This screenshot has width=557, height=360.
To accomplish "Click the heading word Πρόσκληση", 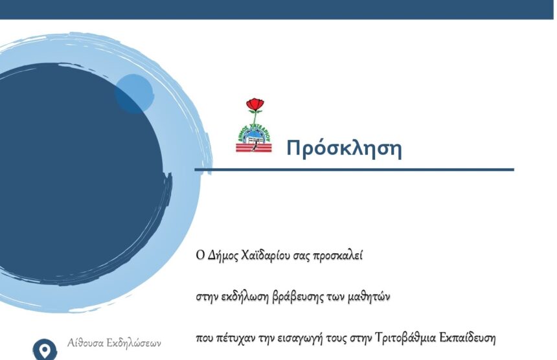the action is click(344, 148).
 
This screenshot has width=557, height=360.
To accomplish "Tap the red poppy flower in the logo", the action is click(255, 104).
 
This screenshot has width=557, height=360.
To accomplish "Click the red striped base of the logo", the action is click(254, 148).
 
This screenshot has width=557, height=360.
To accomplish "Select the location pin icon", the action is click(45, 350).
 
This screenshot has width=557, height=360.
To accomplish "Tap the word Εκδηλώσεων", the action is click(134, 343).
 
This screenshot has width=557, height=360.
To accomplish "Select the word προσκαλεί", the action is click(337, 256).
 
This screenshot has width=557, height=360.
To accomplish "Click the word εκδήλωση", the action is click(244, 297).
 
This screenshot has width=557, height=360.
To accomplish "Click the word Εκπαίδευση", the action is click(468, 337).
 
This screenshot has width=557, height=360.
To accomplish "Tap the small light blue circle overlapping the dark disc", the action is click(134, 94).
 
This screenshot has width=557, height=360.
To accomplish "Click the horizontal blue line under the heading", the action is click(354, 170).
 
